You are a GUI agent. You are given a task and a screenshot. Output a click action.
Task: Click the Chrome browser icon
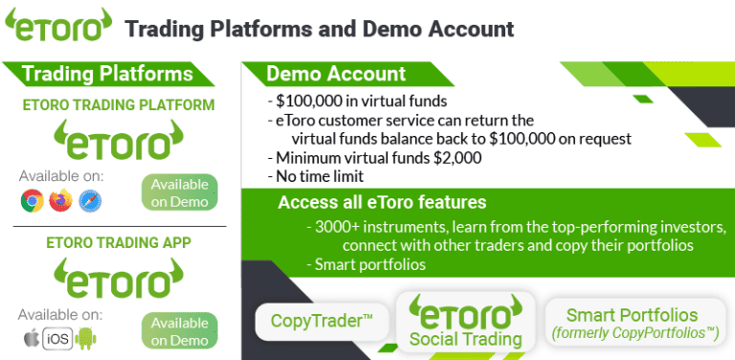coord(32,201)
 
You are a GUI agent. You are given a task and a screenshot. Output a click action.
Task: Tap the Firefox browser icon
coord(60,201)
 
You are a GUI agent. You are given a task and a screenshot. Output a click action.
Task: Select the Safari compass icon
coord(90,201)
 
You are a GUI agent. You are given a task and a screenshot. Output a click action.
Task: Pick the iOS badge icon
coord(58,336)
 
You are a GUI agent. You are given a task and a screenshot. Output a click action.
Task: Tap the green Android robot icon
coord(89,336)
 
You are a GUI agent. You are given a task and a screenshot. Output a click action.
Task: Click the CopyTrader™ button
coord(322,320)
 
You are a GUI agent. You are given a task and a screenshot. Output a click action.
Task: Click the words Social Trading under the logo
coord(465,339)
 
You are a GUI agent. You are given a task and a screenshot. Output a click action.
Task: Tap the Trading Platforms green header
coord(106,75)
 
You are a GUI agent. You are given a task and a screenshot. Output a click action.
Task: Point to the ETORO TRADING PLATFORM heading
coord(118,105)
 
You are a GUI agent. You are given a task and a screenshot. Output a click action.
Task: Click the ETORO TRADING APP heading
coord(118,242)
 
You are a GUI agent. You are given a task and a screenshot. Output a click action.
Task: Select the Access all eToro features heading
coord(382,203)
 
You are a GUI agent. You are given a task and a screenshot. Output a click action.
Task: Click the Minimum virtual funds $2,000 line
coord(374,158)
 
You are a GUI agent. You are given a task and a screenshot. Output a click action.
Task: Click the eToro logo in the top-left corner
coord(57,27)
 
